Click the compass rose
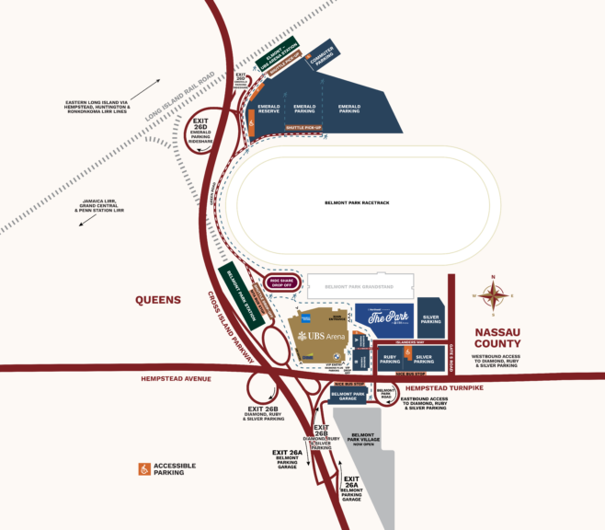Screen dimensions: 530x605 point(495,296)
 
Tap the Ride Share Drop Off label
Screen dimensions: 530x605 point(281,282)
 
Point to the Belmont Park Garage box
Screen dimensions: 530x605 point(348,396)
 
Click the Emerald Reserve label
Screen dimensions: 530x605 point(268,110)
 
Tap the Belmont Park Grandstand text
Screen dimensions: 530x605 point(360,286)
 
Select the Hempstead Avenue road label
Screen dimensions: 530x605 point(177,378)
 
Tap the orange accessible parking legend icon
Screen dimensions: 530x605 point(144,469)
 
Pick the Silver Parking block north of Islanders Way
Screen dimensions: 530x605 point(430,317)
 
